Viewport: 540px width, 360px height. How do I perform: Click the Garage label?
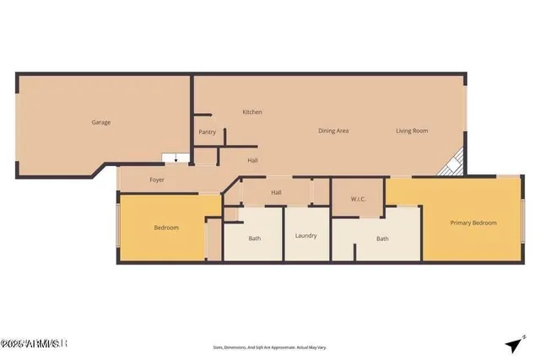pos(101,122)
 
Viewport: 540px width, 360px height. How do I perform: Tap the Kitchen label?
pos(252,112)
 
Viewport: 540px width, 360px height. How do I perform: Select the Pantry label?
pos(207,132)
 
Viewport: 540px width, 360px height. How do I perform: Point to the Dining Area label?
pos(333,131)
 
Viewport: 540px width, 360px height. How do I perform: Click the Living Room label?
pos(413,131)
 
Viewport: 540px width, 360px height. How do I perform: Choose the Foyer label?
pos(157,180)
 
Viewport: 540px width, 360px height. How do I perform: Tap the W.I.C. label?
pos(358,199)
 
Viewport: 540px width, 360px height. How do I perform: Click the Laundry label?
pos(305,235)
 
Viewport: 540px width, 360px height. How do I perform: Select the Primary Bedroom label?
pos(472,223)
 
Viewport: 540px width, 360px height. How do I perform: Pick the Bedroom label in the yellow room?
pos(165,228)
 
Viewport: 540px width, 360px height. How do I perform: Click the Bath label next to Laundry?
pos(254,239)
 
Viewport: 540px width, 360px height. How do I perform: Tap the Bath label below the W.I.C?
pos(382,239)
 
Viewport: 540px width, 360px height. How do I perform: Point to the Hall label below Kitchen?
pos(252,160)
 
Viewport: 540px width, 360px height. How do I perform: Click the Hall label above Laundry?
pos(276,192)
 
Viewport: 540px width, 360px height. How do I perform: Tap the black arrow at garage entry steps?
pos(175,159)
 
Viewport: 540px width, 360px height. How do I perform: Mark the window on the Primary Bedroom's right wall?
pos(523,223)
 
